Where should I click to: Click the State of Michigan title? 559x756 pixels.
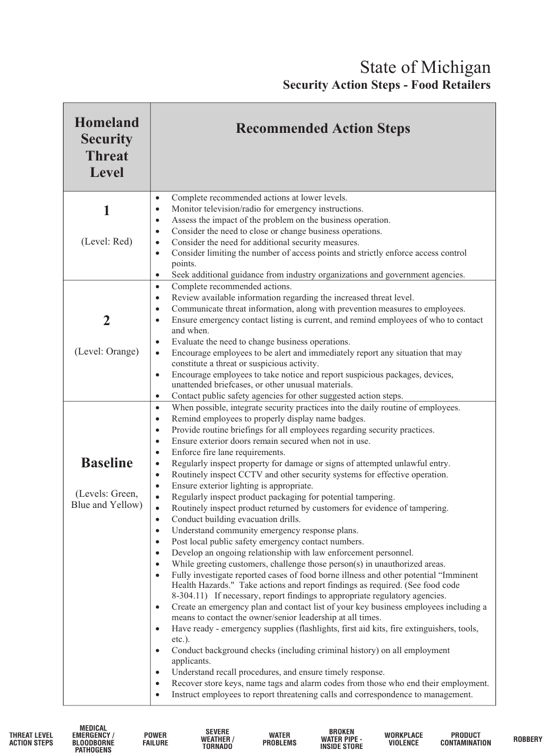coord(425,66)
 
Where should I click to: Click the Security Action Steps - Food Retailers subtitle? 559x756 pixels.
coord(386,85)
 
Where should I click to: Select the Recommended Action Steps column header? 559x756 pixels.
coord(322,129)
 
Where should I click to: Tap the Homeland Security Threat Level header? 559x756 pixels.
coord(107,147)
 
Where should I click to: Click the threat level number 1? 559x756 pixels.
coord(107,211)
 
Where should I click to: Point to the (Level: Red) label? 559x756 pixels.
coord(107,242)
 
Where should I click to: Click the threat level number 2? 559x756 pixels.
coord(107,320)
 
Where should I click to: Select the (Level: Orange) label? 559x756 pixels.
coord(107,352)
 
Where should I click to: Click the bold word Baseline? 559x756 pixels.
coord(107,463)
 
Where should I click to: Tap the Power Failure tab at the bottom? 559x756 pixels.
coord(155,739)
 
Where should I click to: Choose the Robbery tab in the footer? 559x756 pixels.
coord(527,739)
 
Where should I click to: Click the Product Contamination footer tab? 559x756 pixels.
coord(465,739)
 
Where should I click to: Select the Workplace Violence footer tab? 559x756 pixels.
coord(404,739)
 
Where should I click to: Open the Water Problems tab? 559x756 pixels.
coord(279,739)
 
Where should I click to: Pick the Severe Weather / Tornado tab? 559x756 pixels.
coord(217,739)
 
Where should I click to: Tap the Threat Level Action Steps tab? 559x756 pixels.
coord(31,739)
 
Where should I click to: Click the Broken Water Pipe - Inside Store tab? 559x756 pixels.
coord(341,739)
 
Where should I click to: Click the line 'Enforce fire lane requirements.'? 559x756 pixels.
coord(228,452)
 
